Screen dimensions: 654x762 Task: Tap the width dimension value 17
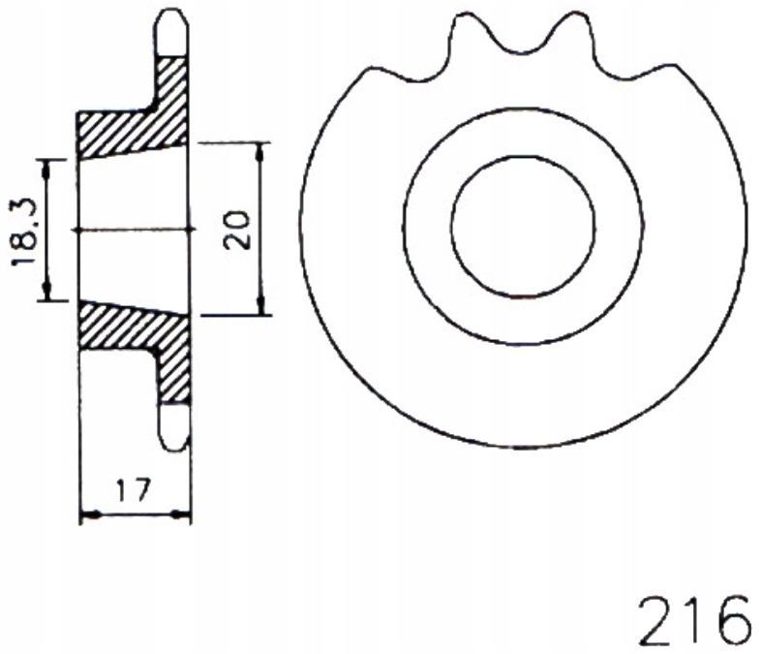(x=134, y=491)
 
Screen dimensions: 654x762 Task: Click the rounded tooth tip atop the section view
(x=171, y=29)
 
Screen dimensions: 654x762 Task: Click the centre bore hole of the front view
(x=523, y=229)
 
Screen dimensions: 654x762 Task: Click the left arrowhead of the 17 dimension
(x=86, y=514)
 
